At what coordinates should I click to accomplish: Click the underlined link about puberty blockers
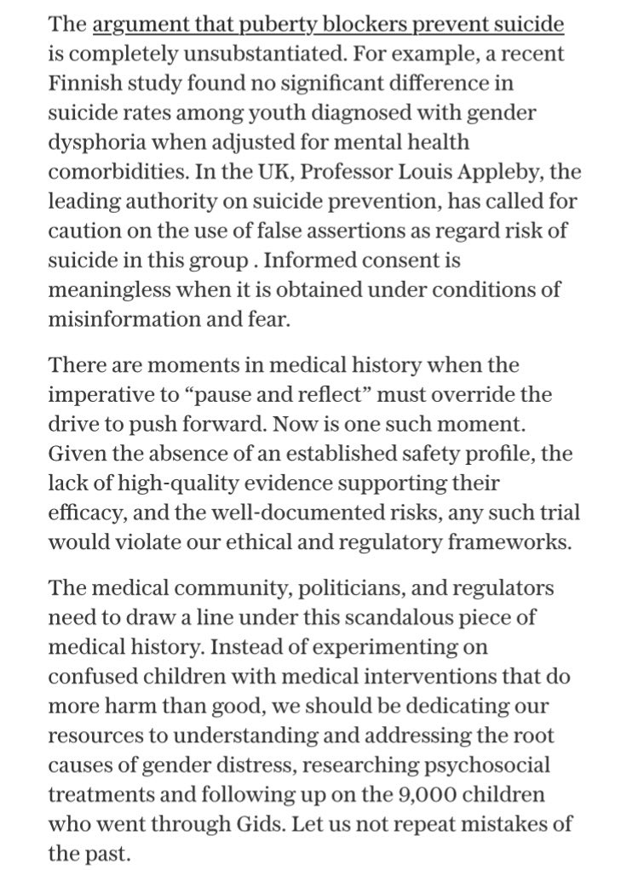[327, 26]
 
